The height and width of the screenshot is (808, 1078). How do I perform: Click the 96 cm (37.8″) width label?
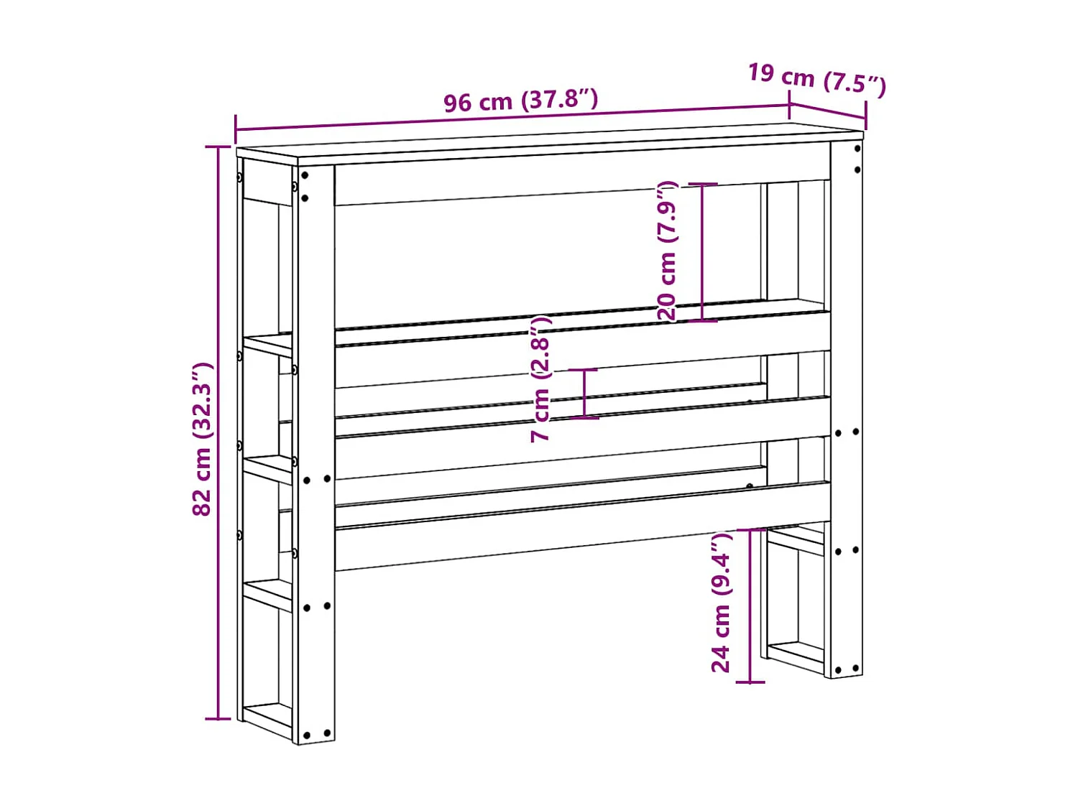click(x=520, y=101)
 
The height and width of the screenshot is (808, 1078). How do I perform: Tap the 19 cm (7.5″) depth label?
click(x=816, y=78)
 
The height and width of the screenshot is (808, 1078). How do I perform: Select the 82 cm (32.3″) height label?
click(x=203, y=439)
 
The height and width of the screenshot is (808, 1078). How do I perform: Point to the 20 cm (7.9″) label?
click(x=667, y=251)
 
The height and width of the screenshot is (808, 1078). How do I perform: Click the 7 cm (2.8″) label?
click(x=540, y=379)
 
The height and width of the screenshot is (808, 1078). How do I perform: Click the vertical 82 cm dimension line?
click(x=218, y=431)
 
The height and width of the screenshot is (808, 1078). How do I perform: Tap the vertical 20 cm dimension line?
click(x=702, y=251)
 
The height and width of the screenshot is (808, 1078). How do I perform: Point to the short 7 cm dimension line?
click(x=585, y=393)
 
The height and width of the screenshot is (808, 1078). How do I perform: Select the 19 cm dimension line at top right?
click(x=827, y=111)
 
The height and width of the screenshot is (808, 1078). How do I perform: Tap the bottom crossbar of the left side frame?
click(x=267, y=718)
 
